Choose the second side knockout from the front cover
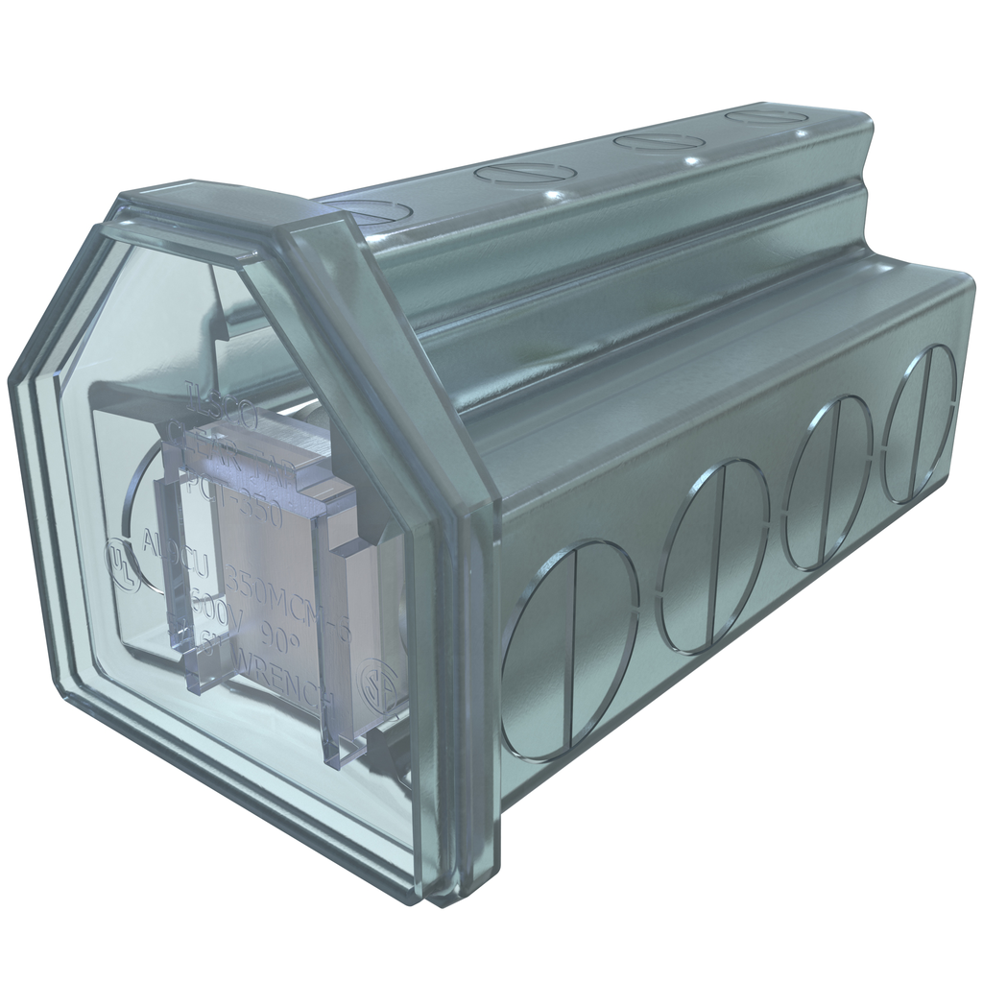click(716, 556)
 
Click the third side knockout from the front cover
click(827, 483)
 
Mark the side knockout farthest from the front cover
click(919, 424)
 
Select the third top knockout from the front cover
click(659, 143)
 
